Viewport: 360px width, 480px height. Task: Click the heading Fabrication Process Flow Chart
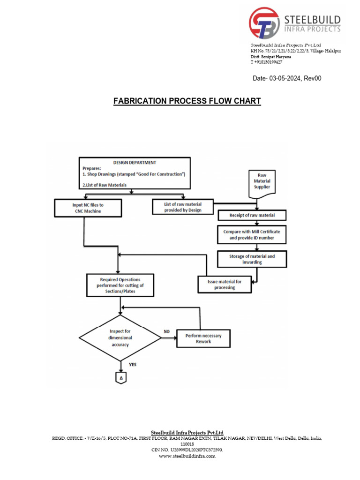pyautogui.click(x=187, y=101)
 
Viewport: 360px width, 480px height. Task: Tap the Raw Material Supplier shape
pyautogui.click(x=262, y=181)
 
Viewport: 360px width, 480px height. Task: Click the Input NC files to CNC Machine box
pyautogui.click(x=88, y=207)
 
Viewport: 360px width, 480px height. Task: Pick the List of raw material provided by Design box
pyautogui.click(x=183, y=207)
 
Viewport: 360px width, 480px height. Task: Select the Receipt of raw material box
pyautogui.click(x=252, y=216)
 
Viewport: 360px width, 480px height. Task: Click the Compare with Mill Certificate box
pyautogui.click(x=252, y=234)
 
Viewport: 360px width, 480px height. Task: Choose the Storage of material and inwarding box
pyautogui.click(x=252, y=259)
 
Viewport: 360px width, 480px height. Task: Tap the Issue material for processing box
pyautogui.click(x=225, y=285)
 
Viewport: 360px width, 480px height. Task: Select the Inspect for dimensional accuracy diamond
pyautogui.click(x=121, y=337)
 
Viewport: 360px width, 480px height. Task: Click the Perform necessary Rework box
pyautogui.click(x=203, y=338)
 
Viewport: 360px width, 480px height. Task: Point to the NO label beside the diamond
pyautogui.click(x=166, y=331)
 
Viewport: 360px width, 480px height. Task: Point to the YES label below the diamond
pyautogui.click(x=133, y=364)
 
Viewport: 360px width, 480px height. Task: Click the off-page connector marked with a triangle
pyautogui.click(x=121, y=377)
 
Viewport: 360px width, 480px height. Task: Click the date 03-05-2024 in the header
pyautogui.click(x=287, y=78)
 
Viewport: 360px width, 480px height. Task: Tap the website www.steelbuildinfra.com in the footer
pyautogui.click(x=187, y=456)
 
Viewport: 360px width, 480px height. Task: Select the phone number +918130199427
pyautogui.click(x=266, y=62)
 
